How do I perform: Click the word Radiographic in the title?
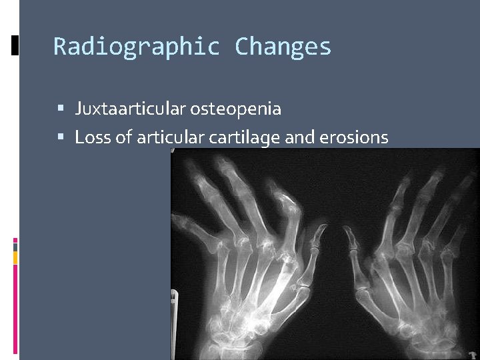[137, 47]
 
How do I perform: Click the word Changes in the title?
[283, 47]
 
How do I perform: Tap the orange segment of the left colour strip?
[15, 257]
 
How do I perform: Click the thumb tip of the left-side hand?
[321, 230]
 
